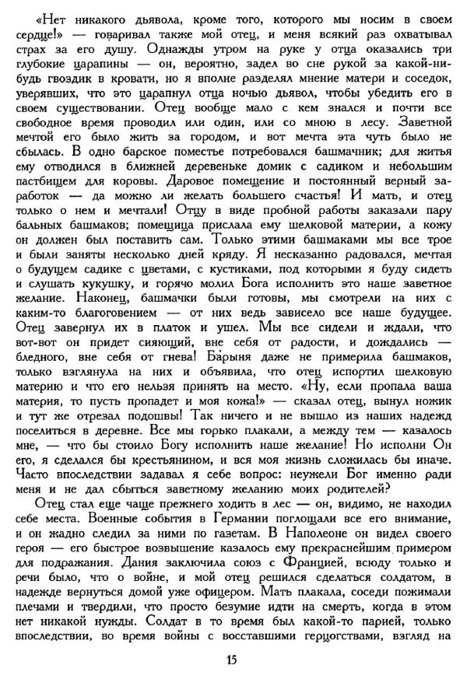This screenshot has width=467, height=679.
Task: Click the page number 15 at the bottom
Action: pyautogui.click(x=231, y=660)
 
